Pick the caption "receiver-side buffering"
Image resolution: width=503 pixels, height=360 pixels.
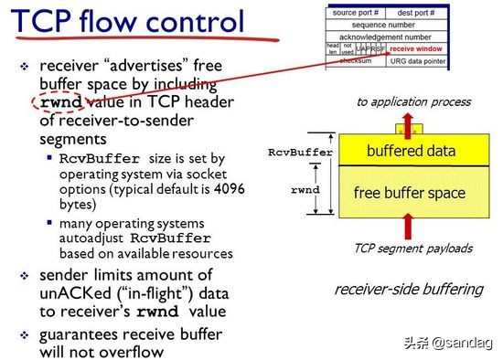tap(408, 290)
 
